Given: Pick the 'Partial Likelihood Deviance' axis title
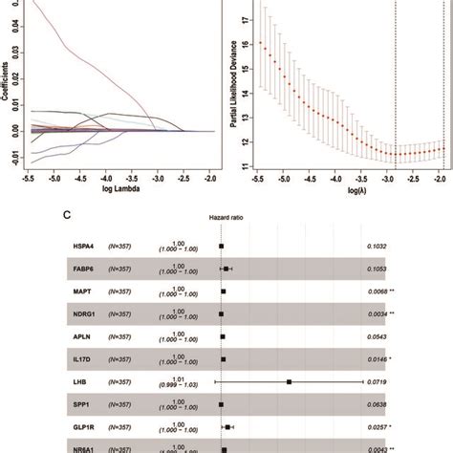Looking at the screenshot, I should coord(235,91).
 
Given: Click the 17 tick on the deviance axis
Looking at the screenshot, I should coord(249,19).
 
